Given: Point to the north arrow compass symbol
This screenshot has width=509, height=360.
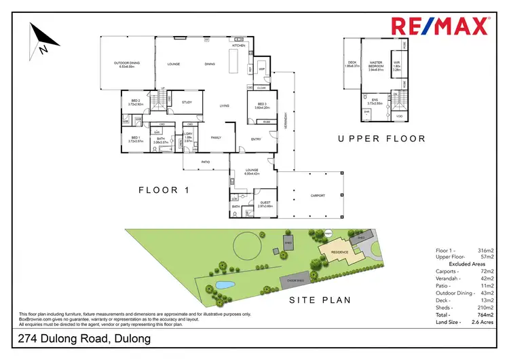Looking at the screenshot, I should tap(40, 39).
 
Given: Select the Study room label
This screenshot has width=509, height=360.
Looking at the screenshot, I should tap(187, 103).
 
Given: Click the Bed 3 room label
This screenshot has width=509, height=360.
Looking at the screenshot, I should tap(262, 104).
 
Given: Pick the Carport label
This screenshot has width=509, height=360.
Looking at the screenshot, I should tap(317, 195).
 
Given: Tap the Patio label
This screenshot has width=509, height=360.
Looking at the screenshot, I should tap(206, 162).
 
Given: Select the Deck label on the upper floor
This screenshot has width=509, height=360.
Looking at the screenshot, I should tap(352, 64).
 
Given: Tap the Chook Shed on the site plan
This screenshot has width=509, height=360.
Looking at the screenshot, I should tap(293, 278).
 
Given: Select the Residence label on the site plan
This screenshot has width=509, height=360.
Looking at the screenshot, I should tap(339, 252).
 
